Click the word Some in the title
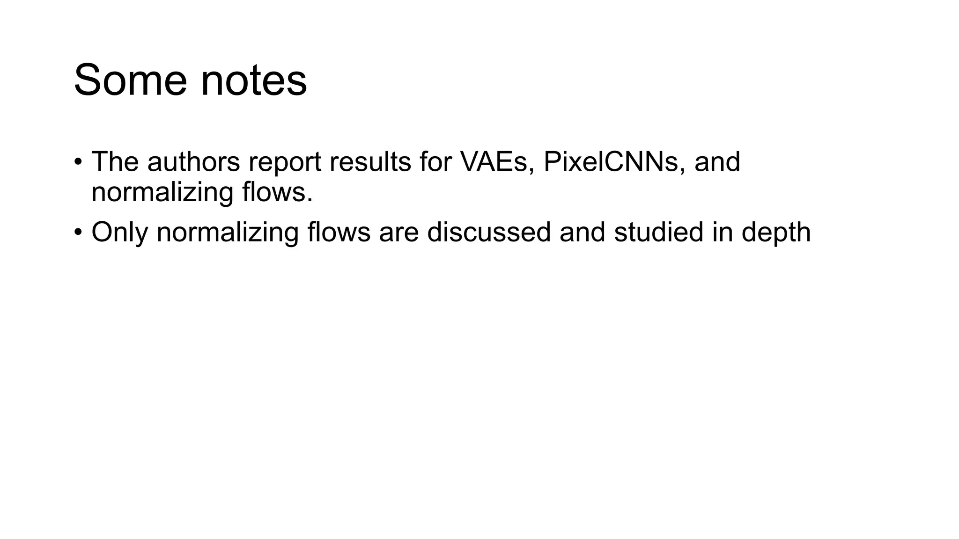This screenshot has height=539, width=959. (x=131, y=80)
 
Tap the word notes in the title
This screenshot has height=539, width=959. (x=254, y=80)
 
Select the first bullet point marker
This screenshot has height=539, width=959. (x=78, y=162)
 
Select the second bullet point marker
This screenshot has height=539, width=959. (x=78, y=232)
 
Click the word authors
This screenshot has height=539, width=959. (x=193, y=162)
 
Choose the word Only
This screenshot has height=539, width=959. (x=119, y=233)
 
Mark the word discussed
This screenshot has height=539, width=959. (x=489, y=233)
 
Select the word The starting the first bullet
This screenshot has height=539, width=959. (x=115, y=162)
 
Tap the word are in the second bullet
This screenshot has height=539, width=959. (x=398, y=233)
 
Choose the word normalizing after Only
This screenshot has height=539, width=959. (x=227, y=233)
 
